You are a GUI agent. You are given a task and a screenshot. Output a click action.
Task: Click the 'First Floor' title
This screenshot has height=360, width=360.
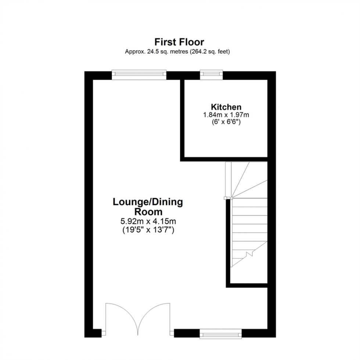pos(179,42)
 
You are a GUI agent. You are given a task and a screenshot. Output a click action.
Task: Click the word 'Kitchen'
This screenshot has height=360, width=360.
pos(226,107)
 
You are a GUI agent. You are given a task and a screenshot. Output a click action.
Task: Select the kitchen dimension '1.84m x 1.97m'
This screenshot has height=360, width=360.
pos(226,115)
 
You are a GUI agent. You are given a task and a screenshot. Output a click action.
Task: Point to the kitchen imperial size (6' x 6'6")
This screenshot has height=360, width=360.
pos(226,122)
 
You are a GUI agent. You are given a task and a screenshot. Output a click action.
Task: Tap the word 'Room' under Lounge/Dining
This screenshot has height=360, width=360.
pos(148,212)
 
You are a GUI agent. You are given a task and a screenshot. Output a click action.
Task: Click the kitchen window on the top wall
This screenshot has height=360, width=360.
pos(211,75)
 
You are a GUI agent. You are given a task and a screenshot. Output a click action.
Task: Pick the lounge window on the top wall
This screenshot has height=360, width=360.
pos(139,75)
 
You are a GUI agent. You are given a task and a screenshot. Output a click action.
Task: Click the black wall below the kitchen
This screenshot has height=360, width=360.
pos(224,159)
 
